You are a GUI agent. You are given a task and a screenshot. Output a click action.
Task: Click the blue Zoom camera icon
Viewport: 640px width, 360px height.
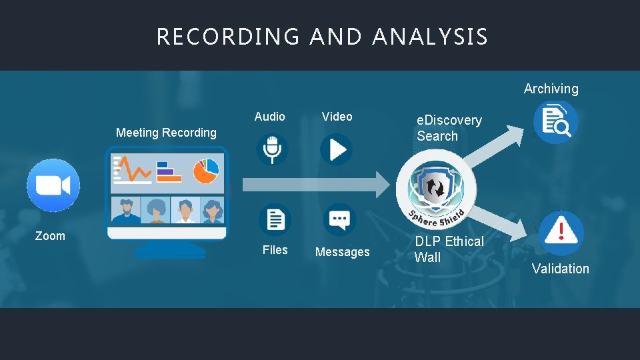(x=53, y=185)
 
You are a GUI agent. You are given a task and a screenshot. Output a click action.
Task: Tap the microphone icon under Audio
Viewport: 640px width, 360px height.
(x=273, y=149)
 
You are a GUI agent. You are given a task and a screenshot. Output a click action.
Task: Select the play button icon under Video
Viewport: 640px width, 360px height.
(x=336, y=149)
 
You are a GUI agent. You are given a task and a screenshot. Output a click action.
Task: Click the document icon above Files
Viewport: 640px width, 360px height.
(x=275, y=219)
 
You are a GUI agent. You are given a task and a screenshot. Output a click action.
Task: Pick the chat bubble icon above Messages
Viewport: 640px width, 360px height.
(x=340, y=219)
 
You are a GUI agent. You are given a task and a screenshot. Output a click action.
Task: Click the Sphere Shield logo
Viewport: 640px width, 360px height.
(x=437, y=189)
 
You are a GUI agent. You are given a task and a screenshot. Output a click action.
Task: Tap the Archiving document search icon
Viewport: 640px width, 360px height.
(x=555, y=122)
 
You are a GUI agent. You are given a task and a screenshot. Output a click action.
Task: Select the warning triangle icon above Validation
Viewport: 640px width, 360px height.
(x=561, y=233)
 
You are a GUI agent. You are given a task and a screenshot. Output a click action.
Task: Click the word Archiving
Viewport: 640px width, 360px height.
(x=551, y=89)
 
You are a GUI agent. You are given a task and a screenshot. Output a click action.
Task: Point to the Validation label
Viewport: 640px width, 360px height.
(x=560, y=269)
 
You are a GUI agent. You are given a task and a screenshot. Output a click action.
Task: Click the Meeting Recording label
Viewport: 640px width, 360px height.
(x=166, y=133)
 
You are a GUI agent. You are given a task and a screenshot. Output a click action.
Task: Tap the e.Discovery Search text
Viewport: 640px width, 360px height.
(x=449, y=128)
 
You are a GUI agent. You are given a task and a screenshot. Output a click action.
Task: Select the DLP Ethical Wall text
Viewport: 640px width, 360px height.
(x=449, y=249)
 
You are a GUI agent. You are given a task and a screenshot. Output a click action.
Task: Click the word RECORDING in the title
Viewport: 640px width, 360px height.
(x=228, y=37)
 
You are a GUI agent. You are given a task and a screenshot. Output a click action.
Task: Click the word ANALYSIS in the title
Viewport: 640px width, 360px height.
(x=430, y=37)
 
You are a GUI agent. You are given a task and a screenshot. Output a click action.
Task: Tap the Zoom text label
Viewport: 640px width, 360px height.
(x=50, y=236)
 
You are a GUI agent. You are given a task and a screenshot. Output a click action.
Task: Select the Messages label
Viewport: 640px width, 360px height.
(x=342, y=252)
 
